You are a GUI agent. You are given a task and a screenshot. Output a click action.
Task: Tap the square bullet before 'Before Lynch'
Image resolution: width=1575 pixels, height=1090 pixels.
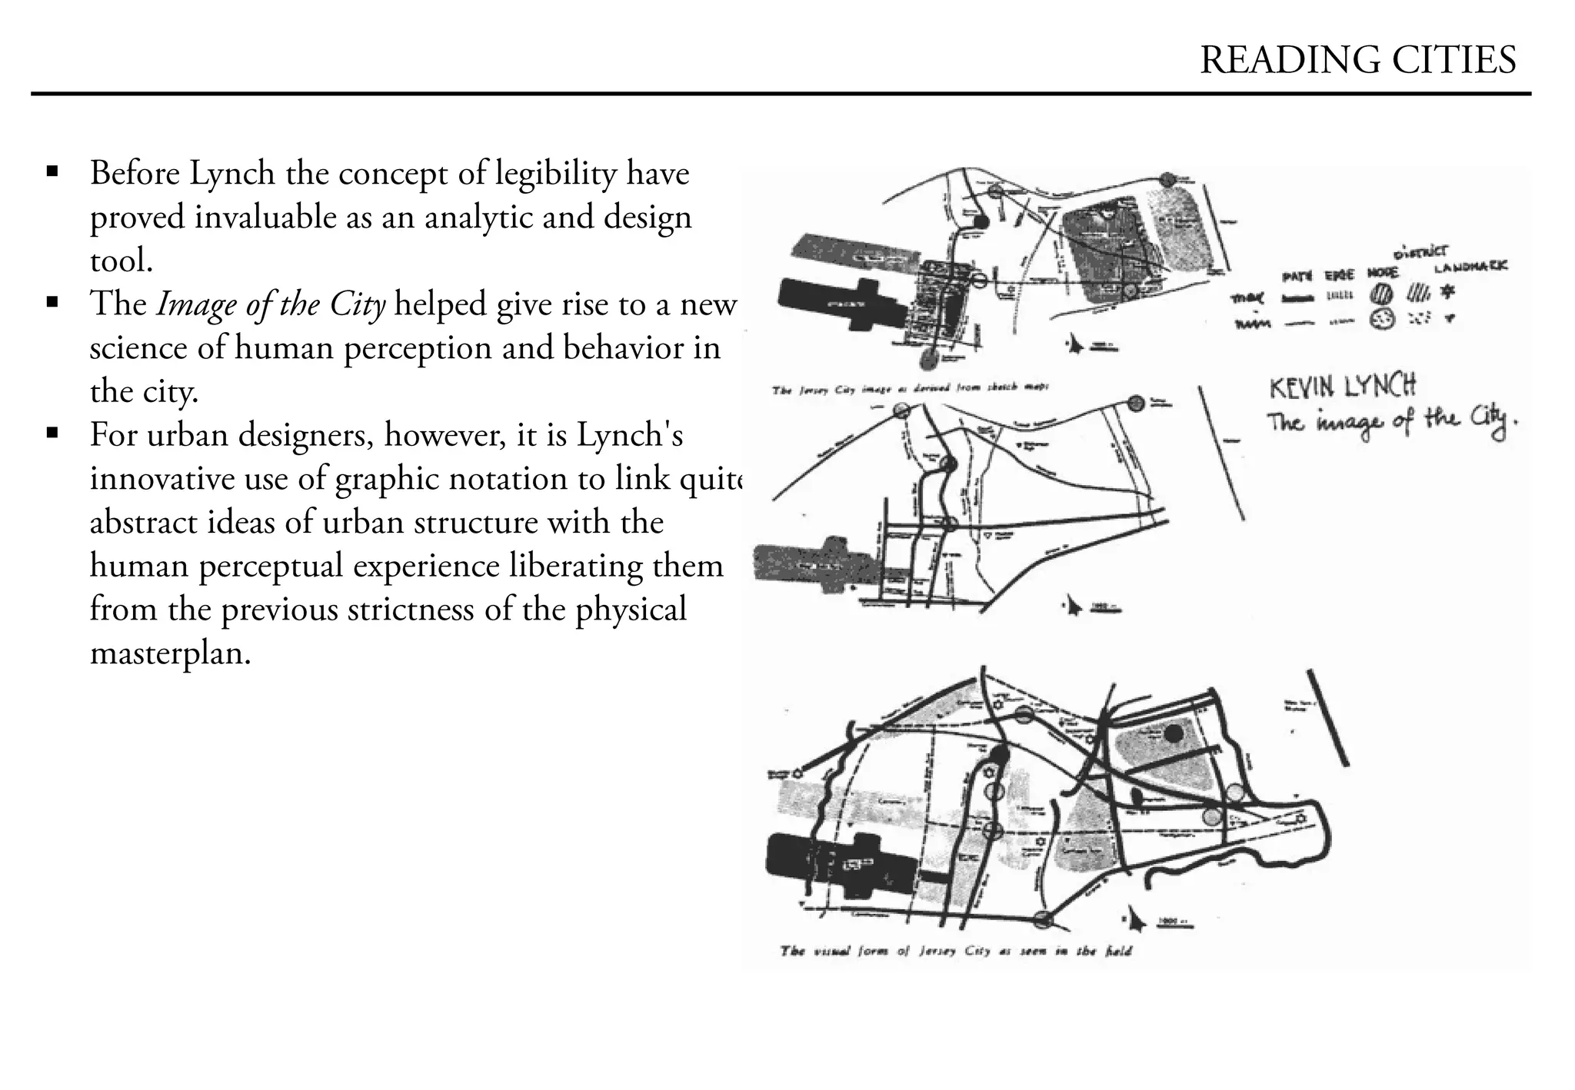click(52, 171)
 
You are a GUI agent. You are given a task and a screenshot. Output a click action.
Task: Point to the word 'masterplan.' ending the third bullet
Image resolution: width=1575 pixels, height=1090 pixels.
click(171, 653)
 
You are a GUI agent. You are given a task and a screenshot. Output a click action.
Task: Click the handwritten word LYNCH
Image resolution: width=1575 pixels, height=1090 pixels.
click(1380, 385)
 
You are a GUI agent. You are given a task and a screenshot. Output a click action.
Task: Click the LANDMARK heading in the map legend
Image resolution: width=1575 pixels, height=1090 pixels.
click(1470, 266)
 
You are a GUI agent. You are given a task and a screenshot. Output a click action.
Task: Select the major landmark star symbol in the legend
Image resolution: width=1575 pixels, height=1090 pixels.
click(1450, 292)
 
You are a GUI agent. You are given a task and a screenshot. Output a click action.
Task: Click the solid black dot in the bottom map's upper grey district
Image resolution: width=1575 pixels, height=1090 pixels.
click(1173, 734)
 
